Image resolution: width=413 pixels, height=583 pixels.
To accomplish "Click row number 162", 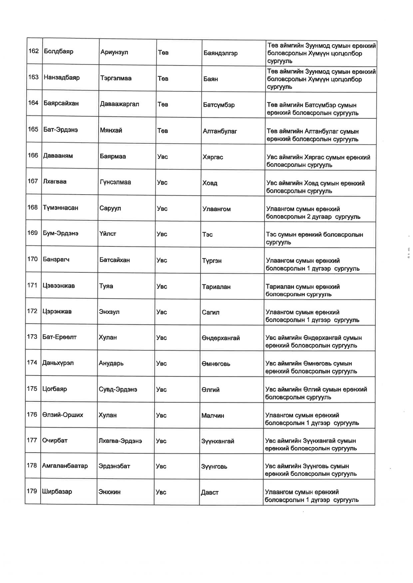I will point(34,51).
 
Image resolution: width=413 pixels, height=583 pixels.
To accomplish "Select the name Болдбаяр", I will point(58,52).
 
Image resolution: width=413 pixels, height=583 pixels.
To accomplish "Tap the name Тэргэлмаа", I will point(116,78).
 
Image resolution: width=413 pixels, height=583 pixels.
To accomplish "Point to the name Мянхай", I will point(111,130).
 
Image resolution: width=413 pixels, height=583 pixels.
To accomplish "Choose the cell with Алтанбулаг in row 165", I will point(220,131).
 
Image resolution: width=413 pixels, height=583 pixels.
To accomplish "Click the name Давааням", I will point(58,156).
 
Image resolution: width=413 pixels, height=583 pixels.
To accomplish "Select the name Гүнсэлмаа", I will point(115,182).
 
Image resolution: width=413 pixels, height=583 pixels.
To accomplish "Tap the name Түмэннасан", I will point(60,208).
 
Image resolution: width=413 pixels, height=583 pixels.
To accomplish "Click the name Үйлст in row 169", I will point(108,234).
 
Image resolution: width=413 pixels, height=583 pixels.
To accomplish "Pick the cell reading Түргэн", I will point(211,261).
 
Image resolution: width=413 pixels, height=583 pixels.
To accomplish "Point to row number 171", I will point(32,285).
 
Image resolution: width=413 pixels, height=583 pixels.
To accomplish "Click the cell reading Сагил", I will point(210,312).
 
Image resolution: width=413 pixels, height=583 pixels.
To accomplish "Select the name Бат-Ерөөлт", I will point(59,337).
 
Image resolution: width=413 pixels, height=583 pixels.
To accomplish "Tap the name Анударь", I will point(111,363).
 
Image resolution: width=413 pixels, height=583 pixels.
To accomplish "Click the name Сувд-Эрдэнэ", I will point(118,389).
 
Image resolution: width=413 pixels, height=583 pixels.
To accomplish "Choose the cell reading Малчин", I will point(212,415).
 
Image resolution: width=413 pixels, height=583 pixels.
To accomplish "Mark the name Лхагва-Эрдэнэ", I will point(120,441).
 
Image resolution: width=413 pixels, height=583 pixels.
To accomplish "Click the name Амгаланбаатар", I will point(65,466).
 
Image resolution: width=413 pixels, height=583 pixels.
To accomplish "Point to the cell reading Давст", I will point(209,493).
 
